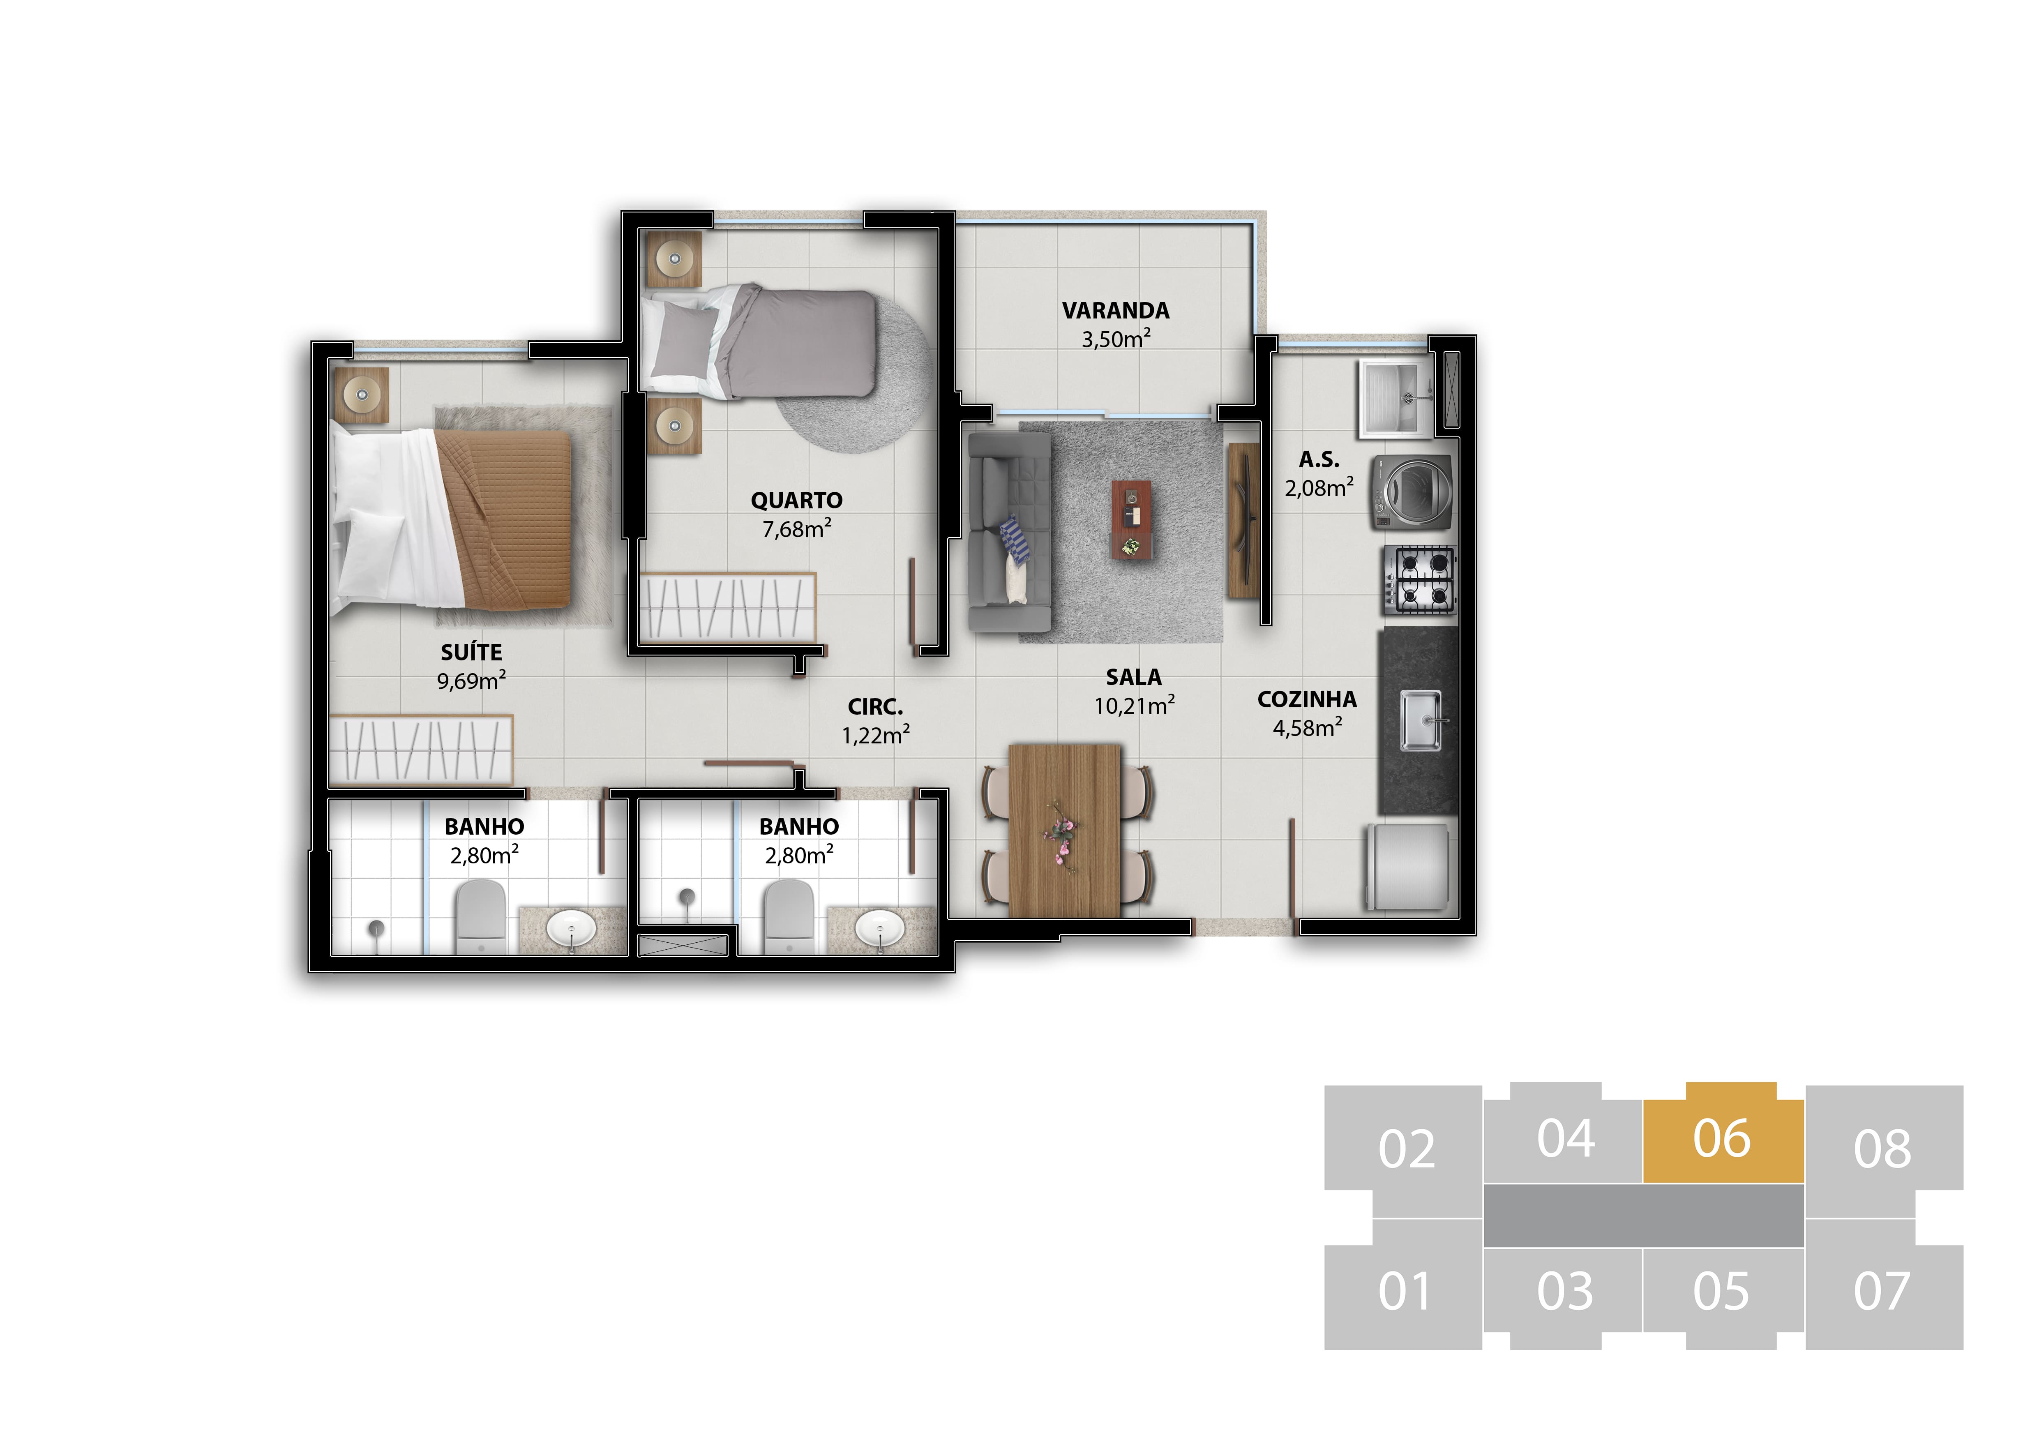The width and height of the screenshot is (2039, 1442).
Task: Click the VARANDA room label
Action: coord(1115,311)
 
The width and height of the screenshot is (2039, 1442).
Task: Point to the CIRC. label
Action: coord(876,707)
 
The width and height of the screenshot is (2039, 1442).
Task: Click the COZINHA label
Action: coord(1307,700)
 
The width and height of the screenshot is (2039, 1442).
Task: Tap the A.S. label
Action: coord(1319,459)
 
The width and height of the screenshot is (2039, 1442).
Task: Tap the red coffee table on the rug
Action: coord(1131,520)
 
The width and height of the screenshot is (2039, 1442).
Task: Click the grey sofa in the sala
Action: coord(1010,532)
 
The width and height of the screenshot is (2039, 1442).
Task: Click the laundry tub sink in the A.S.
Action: coord(1395,398)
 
